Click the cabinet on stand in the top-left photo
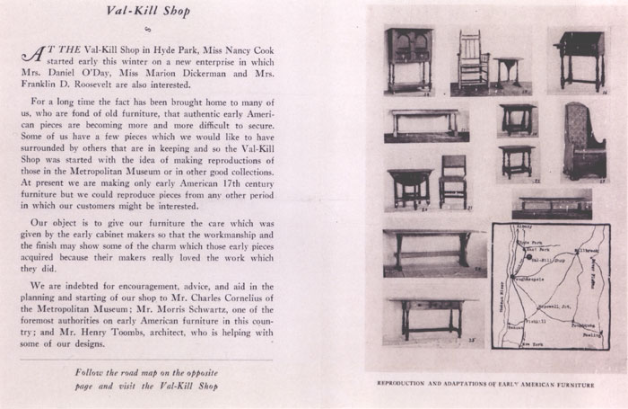[408, 61]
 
